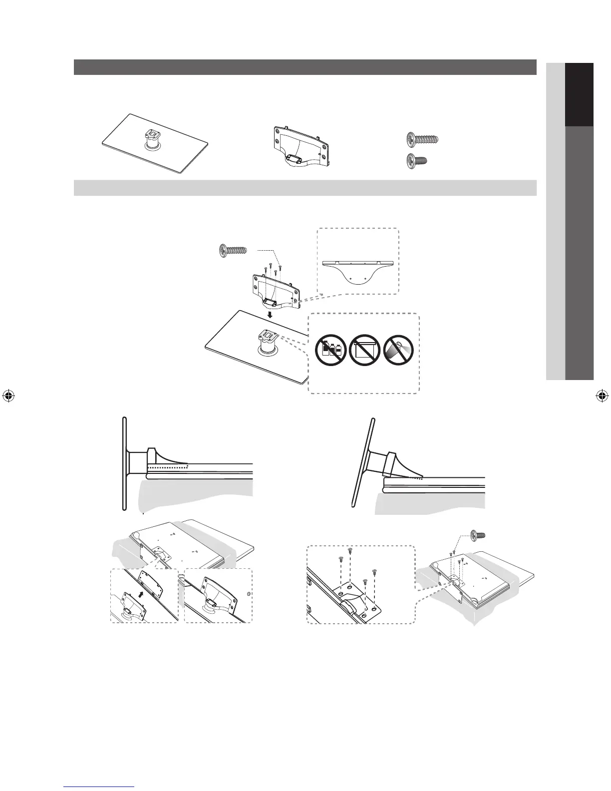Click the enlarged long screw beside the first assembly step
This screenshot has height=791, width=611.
point(234,249)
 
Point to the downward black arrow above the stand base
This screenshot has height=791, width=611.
point(269,315)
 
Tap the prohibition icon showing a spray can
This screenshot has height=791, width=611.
point(400,351)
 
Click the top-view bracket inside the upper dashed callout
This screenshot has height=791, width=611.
point(358,270)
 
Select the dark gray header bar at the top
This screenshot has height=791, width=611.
point(305,67)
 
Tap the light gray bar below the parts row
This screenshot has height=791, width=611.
point(305,188)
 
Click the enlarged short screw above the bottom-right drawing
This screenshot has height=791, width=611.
point(478,535)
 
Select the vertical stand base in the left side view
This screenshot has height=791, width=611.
point(124,463)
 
